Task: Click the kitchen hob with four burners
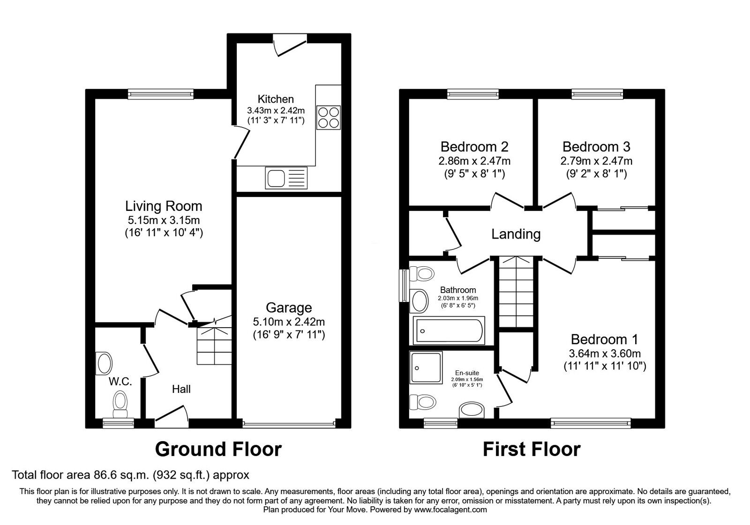click(328, 118)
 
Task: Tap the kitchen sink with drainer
click(286, 178)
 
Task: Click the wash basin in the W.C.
click(104, 363)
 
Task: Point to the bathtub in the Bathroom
click(449, 330)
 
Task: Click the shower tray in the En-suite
click(426, 367)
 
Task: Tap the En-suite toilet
click(423, 402)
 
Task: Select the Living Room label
click(164, 206)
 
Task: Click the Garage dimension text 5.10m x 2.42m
click(289, 322)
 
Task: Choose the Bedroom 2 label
click(474, 147)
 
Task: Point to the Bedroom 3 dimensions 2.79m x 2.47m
click(596, 161)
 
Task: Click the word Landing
click(516, 234)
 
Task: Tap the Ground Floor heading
click(218, 450)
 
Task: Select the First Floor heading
click(532, 450)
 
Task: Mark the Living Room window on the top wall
click(161, 94)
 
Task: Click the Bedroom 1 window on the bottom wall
click(591, 424)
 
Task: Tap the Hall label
click(181, 389)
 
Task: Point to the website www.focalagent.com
click(450, 510)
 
